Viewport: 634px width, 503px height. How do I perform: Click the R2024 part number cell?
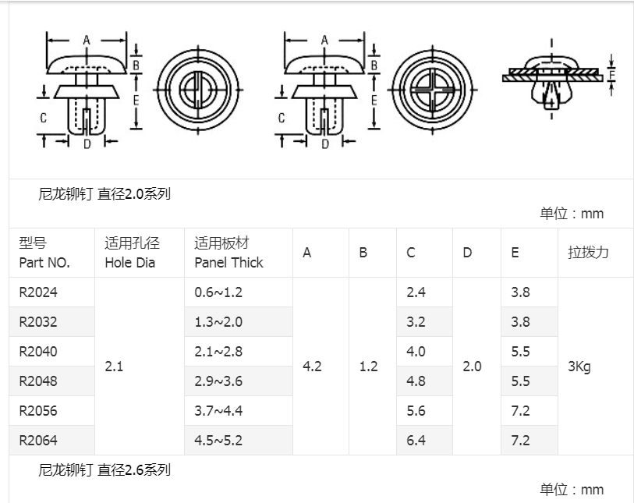tap(38, 292)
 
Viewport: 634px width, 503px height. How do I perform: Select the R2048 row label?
tap(38, 381)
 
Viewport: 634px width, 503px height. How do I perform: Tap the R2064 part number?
tap(38, 441)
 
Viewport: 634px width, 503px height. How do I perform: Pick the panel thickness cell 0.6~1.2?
tap(218, 292)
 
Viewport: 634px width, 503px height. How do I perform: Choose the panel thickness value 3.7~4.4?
tap(218, 411)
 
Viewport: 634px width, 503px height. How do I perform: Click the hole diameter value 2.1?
tap(114, 366)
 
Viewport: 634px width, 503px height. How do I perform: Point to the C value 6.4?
tap(416, 441)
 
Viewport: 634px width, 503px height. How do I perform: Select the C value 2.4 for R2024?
tap(416, 292)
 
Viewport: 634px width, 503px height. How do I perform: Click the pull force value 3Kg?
tap(579, 367)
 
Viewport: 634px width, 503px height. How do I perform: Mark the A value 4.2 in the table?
tap(312, 367)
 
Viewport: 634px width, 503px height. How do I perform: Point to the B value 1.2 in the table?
tap(368, 367)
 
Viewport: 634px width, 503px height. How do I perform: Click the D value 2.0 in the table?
tap(472, 367)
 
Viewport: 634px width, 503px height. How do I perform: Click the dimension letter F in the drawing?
tap(612, 75)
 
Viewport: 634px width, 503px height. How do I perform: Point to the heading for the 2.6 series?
tap(104, 470)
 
